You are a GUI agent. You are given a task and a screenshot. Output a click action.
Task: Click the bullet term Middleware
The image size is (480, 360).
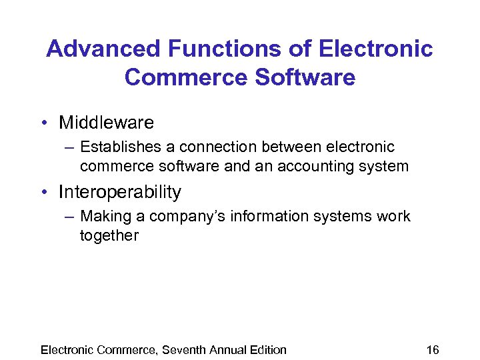[x=106, y=123]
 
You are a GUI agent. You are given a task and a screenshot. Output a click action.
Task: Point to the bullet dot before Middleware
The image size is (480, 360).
[x=43, y=123]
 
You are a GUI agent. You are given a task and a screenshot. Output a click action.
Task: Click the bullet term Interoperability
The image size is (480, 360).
[x=120, y=193]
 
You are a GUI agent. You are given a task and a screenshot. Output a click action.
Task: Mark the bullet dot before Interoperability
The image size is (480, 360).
[x=43, y=193]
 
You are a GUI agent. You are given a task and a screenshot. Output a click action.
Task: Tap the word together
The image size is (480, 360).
[x=109, y=235]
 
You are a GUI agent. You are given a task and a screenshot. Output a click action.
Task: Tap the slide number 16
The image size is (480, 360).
[x=433, y=350]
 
